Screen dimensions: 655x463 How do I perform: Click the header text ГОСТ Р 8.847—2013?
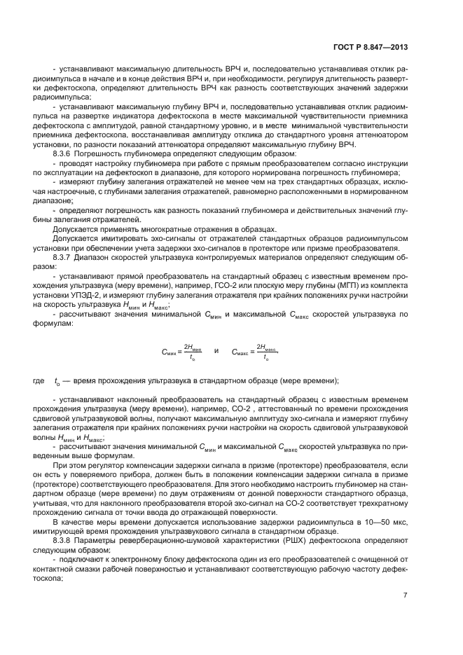point(374,46)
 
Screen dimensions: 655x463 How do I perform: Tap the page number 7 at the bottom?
point(406,595)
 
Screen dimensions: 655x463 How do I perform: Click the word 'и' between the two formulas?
point(216,350)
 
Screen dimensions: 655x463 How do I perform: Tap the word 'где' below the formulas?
point(39,380)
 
